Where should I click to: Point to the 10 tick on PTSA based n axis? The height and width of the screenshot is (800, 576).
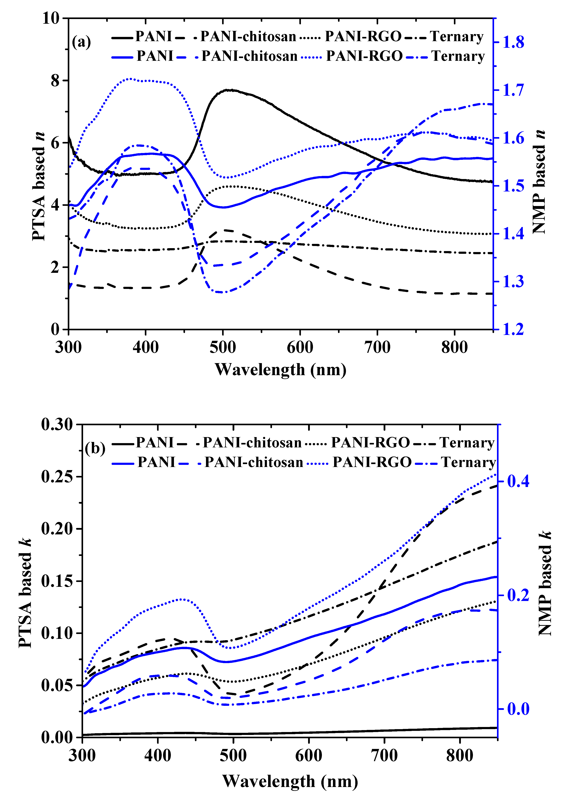[x=51, y=18]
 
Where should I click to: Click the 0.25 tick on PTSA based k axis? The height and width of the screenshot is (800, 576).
[x=57, y=477]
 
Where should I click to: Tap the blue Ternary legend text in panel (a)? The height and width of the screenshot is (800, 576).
[x=458, y=56]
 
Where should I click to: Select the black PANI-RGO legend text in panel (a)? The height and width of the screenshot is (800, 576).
[x=363, y=36]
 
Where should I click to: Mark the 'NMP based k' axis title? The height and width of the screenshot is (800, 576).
[x=545, y=583]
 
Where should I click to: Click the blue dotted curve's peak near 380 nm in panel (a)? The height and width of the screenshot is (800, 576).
[x=130, y=79]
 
